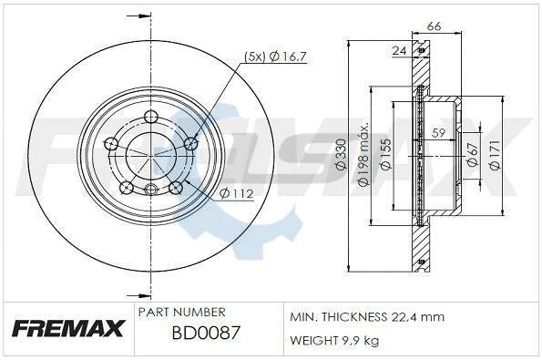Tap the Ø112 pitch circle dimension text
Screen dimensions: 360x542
pos(236,192)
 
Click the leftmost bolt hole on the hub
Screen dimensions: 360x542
pos(111,143)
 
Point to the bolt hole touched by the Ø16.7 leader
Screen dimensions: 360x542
pos(190,143)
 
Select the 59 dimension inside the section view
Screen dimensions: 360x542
pos(437,133)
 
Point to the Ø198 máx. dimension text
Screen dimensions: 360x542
pos(363,154)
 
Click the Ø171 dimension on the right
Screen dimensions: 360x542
pos(495,156)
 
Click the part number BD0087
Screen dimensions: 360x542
pos(206,333)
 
